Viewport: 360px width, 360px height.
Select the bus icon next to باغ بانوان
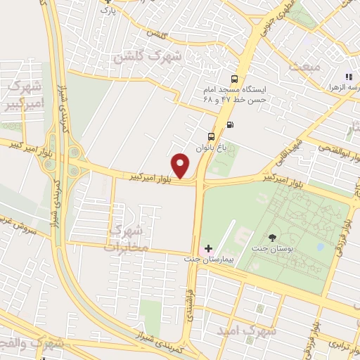tap(211, 136)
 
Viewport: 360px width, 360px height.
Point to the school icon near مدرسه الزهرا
tap(347, 77)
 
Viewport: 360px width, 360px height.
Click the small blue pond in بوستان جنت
tap(321, 247)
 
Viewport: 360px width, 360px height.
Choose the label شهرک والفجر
tap(32, 345)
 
